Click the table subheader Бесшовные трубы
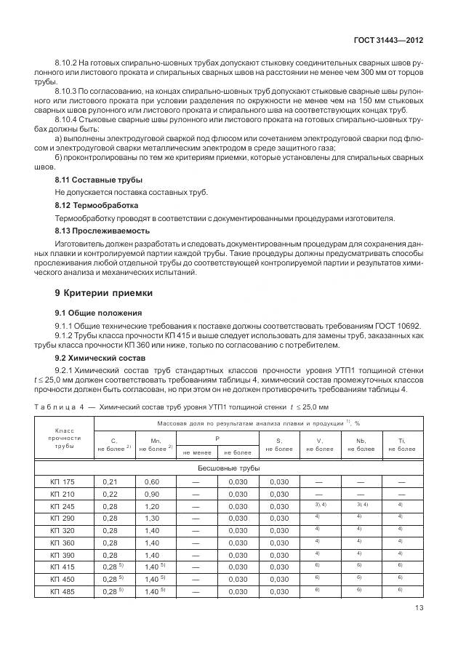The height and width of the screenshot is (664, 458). tap(229, 468)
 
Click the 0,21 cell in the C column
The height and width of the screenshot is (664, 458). tap(111, 481)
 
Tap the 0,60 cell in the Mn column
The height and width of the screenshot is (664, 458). tap(152, 481)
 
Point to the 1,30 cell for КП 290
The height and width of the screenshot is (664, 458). tap(152, 518)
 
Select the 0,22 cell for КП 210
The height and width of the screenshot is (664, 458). tap(111, 494)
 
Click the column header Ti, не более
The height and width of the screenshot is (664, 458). tap(402, 444)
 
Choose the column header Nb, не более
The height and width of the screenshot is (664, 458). tap(361, 444)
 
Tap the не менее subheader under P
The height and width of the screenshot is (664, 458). tap(196, 452)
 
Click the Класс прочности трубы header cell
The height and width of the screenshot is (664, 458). tap(65, 439)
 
